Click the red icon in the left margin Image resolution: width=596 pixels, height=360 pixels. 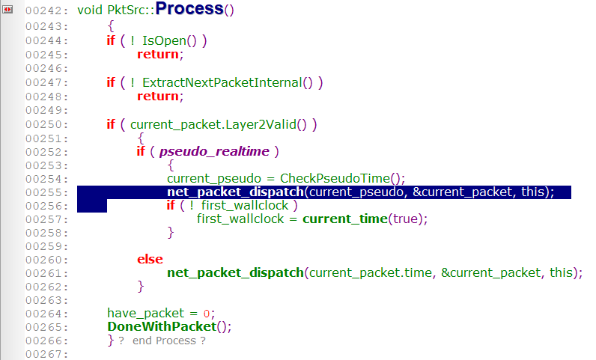[x=8, y=9]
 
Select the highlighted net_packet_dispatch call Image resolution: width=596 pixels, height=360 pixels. [x=235, y=192]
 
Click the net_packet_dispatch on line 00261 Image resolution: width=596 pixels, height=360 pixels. [x=235, y=273]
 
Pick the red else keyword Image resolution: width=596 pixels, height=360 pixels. [x=150, y=259]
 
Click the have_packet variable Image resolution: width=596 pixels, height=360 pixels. [x=146, y=314]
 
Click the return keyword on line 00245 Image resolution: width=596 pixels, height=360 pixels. [x=159, y=55]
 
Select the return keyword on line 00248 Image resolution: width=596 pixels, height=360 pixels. [x=159, y=97]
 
